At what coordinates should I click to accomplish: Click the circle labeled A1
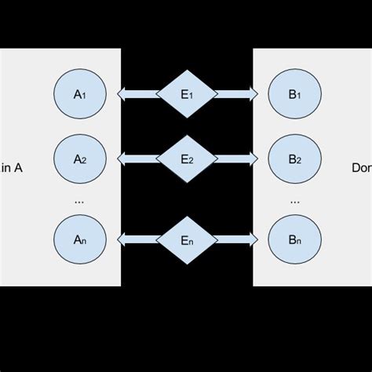[x=79, y=94]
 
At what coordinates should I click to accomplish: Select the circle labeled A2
[x=79, y=159]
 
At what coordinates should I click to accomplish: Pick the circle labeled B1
[x=294, y=94]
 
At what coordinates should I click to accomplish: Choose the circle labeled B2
[x=294, y=159]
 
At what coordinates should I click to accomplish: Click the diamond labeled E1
[x=186, y=94]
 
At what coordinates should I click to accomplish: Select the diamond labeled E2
[x=186, y=159]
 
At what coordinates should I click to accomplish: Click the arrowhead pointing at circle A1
[x=122, y=94]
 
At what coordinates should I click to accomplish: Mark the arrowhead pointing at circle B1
[x=252, y=94]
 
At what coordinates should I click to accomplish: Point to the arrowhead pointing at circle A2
[x=122, y=159]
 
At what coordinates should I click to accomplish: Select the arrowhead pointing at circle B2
[x=252, y=159]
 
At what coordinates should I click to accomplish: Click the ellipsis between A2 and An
[x=79, y=202]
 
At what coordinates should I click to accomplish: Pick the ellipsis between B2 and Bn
[x=294, y=202]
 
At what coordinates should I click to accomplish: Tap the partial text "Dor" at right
[x=361, y=166]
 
